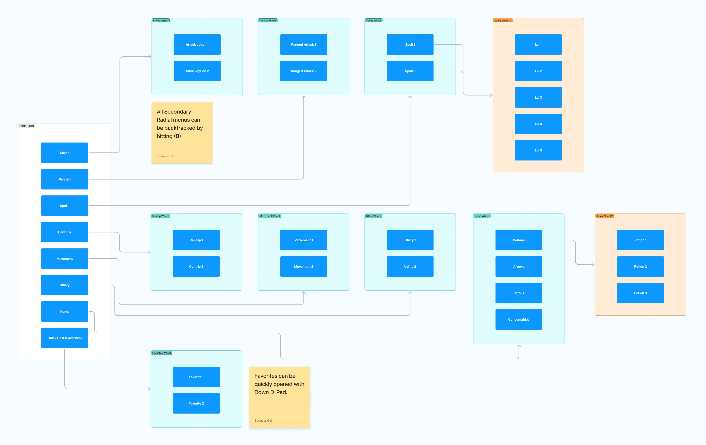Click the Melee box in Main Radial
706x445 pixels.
(x=65, y=153)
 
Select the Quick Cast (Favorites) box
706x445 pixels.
(x=65, y=338)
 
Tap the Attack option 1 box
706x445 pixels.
(x=197, y=45)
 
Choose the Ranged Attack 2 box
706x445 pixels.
(x=303, y=71)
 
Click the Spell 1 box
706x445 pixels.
(x=410, y=45)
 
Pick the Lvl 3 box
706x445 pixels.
(x=538, y=97)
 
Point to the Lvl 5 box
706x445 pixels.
(x=538, y=150)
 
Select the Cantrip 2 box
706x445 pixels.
(x=196, y=266)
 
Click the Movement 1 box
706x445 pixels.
(x=303, y=240)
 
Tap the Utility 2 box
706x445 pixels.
(x=410, y=266)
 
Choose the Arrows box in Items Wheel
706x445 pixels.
(x=519, y=266)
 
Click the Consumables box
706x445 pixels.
(x=519, y=319)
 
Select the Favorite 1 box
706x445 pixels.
(x=196, y=377)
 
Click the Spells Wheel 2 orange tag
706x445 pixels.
(x=503, y=21)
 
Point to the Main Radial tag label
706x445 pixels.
(x=27, y=126)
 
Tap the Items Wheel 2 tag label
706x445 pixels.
(x=605, y=216)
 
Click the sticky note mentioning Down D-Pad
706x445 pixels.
(x=280, y=397)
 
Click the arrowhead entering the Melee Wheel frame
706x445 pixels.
(x=150, y=57)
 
